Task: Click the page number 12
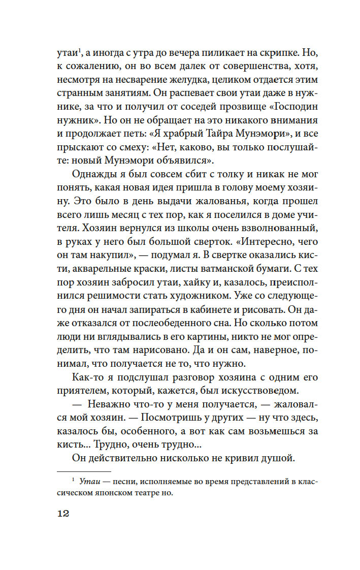click(62, 514)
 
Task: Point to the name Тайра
click(217, 135)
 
